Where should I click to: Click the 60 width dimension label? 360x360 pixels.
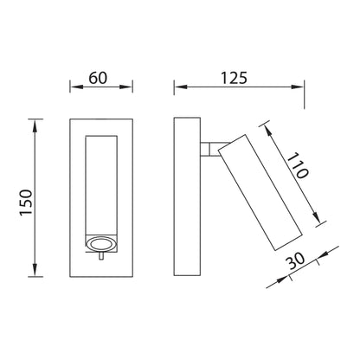click(x=98, y=78)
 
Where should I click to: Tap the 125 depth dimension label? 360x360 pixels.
click(x=234, y=78)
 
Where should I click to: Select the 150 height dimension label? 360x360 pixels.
click(x=26, y=202)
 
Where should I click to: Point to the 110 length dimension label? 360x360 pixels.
click(x=298, y=165)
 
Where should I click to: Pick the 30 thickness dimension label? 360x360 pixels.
click(x=296, y=260)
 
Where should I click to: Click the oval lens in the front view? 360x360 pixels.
click(x=100, y=244)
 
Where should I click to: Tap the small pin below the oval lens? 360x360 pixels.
click(x=101, y=256)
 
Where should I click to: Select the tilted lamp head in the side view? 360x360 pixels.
click(x=260, y=192)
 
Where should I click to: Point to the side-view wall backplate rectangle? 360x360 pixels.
click(x=187, y=196)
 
